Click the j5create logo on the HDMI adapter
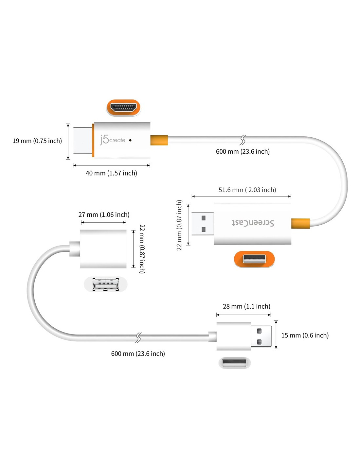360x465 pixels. click(x=113, y=140)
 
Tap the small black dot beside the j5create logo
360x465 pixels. click(x=130, y=140)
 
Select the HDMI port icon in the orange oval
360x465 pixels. click(x=123, y=107)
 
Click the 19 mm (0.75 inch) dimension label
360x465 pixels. click(x=37, y=141)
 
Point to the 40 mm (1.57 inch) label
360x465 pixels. click(x=111, y=173)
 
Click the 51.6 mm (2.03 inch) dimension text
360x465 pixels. click(x=247, y=190)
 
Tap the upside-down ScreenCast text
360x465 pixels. click(x=253, y=223)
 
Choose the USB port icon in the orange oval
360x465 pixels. click(x=254, y=259)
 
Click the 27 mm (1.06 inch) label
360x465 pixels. click(x=104, y=215)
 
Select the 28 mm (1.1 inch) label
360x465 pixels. click(x=246, y=306)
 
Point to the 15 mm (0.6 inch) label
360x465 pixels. click(x=305, y=335)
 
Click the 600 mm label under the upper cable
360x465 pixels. click(x=243, y=151)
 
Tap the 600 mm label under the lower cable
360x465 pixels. click(x=138, y=353)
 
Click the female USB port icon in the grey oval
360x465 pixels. click(x=106, y=284)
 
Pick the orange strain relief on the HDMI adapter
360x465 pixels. click(x=159, y=140)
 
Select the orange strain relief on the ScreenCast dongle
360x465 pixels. click(x=300, y=223)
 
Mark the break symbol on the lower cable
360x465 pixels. click(x=138, y=338)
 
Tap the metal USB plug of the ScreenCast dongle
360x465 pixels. click(x=203, y=224)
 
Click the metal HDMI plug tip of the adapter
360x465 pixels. click(x=83, y=140)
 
